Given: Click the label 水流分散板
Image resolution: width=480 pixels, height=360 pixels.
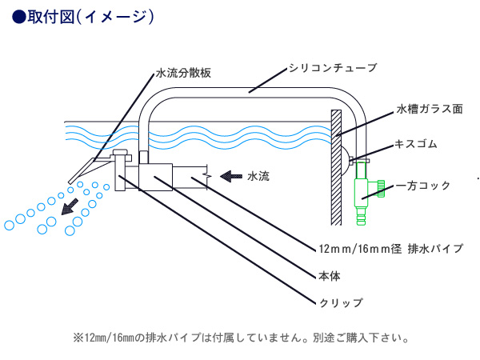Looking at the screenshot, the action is tap(183, 73).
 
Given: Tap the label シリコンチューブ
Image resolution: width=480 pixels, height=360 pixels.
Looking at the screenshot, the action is tap(333, 68).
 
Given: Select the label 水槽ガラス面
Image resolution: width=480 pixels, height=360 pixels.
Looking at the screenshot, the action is tap(430, 109).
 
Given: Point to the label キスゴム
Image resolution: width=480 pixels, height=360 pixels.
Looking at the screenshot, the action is tap(416, 143).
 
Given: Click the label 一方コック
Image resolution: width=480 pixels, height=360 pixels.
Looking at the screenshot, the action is tap(422, 186).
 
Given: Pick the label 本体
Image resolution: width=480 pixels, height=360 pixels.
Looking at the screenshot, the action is tap(330, 276).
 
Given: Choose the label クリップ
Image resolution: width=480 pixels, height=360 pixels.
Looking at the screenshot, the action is tap(341, 302).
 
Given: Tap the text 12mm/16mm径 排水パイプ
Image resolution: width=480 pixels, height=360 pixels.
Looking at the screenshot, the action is tap(391, 249).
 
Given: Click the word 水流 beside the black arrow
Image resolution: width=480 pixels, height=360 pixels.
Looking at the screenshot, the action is tap(258, 176).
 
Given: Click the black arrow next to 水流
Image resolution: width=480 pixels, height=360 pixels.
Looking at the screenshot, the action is tap(231, 176).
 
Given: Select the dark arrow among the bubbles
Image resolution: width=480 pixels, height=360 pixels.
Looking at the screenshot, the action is tap(70, 206).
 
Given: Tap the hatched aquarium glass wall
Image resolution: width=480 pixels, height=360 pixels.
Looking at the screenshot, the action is tap(336, 167).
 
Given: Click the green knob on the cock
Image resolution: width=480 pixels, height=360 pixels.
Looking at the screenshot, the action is tap(381, 189).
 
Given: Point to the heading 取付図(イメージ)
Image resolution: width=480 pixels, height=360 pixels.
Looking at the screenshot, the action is tap(90, 17).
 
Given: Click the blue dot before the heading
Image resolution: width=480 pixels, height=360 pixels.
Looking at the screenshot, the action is tap(19, 17).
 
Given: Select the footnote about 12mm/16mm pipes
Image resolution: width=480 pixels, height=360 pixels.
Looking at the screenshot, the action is tap(241, 338).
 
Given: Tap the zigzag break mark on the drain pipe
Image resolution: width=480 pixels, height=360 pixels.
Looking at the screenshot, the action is tap(207, 177).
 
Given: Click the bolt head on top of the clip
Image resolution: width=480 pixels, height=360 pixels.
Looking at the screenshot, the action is tap(120, 152).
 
